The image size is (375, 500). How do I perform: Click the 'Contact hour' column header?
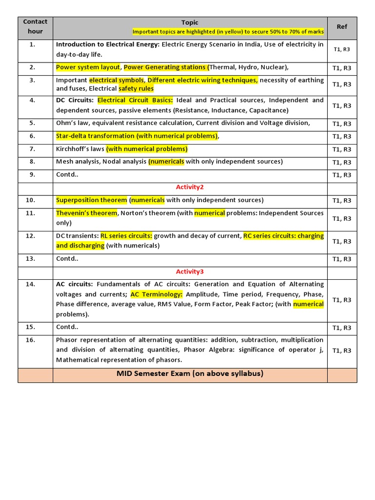[35, 26]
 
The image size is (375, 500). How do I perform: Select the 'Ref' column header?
[342, 27]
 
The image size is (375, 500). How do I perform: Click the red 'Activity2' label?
[190, 187]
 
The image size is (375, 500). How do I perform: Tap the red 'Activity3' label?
[190, 271]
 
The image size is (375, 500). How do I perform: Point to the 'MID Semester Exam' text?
[190, 374]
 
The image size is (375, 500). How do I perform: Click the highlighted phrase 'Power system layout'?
[88, 67]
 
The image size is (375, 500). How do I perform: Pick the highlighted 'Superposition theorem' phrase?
[91, 200]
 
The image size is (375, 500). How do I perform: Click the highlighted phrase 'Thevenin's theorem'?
[86, 213]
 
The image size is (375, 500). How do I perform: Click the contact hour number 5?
[32, 123]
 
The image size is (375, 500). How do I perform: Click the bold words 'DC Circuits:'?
[75, 101]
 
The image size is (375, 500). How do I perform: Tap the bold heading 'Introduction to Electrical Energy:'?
[107, 44]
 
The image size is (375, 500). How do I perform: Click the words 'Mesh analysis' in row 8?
[77, 162]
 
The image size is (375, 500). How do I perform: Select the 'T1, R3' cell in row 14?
[342, 300]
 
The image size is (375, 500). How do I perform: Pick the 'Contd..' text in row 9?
[67, 174]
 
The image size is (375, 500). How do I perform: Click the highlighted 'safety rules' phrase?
[136, 89]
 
